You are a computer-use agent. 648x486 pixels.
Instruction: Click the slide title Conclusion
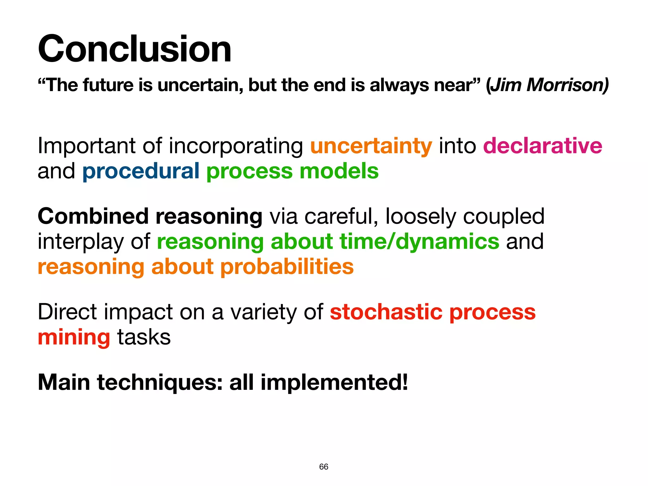[x=134, y=49]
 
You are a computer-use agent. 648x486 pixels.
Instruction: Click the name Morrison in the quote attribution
[x=566, y=85]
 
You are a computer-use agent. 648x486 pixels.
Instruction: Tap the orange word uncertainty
[x=371, y=146]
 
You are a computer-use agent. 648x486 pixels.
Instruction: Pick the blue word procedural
[x=141, y=171]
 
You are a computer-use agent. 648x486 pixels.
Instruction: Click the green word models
[x=339, y=171]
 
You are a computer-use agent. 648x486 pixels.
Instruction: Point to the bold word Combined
[x=93, y=216]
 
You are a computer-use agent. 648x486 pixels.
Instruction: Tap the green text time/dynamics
[x=419, y=241]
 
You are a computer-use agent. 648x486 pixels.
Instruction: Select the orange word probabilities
[x=287, y=266]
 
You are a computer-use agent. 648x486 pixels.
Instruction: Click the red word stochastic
[x=386, y=312]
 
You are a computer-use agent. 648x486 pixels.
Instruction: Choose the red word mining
[x=74, y=337]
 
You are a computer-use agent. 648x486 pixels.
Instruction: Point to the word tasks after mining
[x=144, y=337]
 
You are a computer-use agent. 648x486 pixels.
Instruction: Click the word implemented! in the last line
[x=334, y=383]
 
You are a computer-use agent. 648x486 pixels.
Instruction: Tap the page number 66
[x=324, y=467]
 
